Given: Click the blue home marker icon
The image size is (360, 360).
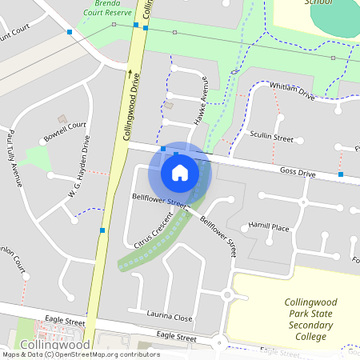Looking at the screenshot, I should [180, 173].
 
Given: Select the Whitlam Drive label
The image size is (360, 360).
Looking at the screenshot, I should [292, 90].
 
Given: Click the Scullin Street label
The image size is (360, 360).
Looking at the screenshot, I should [271, 137].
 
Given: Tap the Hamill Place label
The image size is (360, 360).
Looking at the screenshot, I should [268, 227].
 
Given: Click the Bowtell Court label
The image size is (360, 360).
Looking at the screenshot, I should [66, 130].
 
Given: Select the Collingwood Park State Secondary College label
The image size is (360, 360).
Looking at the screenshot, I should [306, 319].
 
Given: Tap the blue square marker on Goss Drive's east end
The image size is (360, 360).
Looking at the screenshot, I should [341, 174].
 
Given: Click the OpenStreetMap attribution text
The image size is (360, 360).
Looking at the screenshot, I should [80, 354].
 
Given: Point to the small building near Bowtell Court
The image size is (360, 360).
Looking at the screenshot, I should [62, 118].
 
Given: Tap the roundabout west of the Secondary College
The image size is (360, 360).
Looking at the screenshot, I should [226, 295].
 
